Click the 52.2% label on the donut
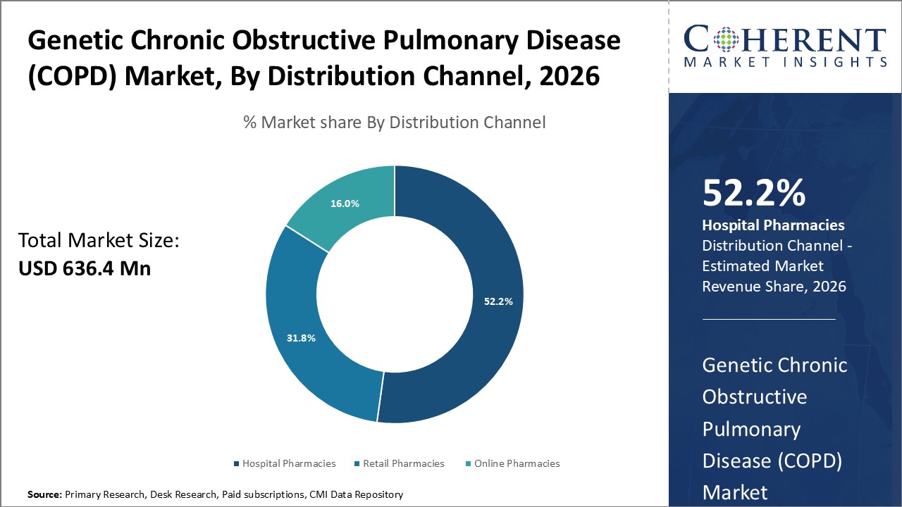coord(498,301)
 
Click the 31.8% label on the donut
coord(301,338)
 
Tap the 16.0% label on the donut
coord(345,204)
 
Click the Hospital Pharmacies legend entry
coord(285,463)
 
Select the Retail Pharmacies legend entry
coord(400,463)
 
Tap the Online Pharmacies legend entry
coord(513,463)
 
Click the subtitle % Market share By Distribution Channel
coord(394,123)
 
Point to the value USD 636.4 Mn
coord(85,268)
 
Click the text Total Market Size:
coord(99,241)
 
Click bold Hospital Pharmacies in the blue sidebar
coord(773,225)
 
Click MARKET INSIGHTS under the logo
coord(784,62)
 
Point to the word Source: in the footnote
coord(44,495)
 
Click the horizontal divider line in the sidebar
coord(769,319)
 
